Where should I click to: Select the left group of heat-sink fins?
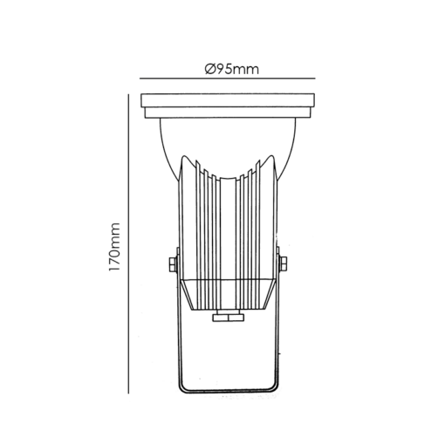[200, 227]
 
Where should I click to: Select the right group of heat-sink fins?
[257, 227]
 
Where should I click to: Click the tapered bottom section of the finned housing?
[229, 297]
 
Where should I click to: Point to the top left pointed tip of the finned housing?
[186, 157]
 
